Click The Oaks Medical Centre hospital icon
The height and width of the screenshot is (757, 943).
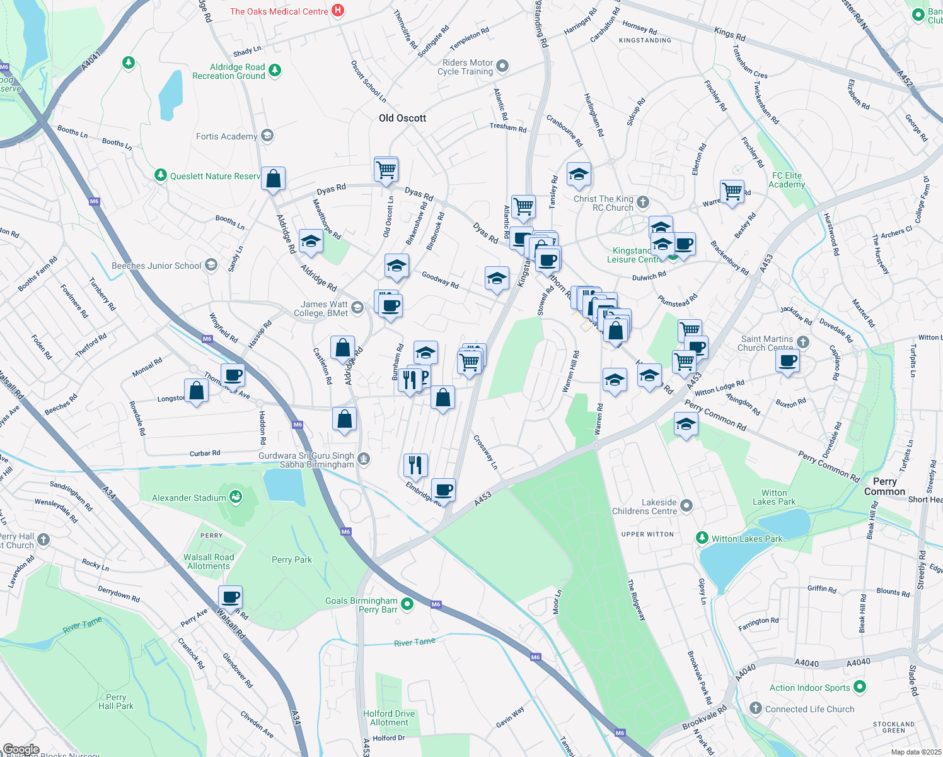[x=338, y=10]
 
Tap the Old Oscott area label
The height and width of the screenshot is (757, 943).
[x=402, y=118]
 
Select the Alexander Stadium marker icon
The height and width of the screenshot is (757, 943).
[x=236, y=497]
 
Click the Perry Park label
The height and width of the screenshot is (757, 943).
[x=291, y=560]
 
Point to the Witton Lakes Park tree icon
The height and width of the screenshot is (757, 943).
[x=702, y=537]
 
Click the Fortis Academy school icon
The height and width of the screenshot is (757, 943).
[x=267, y=136]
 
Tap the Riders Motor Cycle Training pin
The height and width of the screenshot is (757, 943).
[x=502, y=66]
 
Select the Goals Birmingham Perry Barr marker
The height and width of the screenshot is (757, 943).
[x=407, y=604]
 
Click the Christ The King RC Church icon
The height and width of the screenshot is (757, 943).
[x=642, y=202]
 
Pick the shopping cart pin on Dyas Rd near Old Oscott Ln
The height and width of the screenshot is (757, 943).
[x=386, y=169]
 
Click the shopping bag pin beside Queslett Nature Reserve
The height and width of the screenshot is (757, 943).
[x=274, y=179]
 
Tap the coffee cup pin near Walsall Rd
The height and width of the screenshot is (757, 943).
[x=230, y=596]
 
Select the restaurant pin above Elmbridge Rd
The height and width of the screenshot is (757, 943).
[x=415, y=465]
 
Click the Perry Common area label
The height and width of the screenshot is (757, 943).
[x=884, y=486]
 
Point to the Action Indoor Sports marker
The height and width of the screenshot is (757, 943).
[x=860, y=687]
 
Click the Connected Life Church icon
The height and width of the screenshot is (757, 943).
[x=756, y=708]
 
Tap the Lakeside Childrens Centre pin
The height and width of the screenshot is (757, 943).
[x=686, y=505]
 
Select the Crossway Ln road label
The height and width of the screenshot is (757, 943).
[x=485, y=452]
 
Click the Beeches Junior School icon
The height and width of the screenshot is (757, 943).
[x=211, y=265]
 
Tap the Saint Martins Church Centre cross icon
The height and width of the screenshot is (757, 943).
[x=802, y=342]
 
